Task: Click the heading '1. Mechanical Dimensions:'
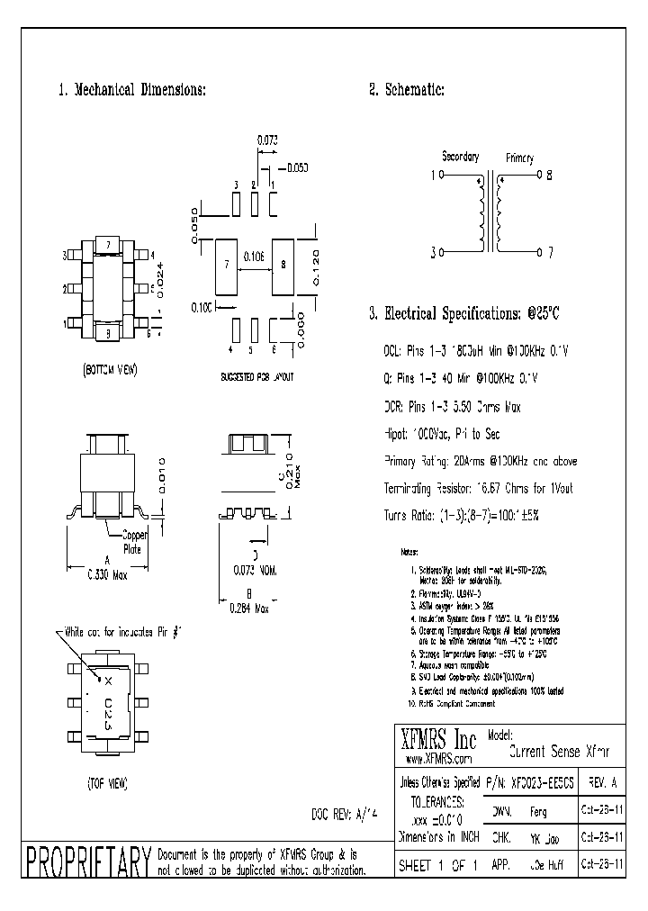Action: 132,90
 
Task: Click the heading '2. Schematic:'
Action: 406,90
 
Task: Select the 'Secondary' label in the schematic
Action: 461,157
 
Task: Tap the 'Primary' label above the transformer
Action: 519,158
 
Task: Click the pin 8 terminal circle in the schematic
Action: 538,176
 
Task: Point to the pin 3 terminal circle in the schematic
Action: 441,253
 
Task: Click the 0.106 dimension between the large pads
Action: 254,257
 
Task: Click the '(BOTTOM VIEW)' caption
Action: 110,370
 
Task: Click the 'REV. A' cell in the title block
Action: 601,781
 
